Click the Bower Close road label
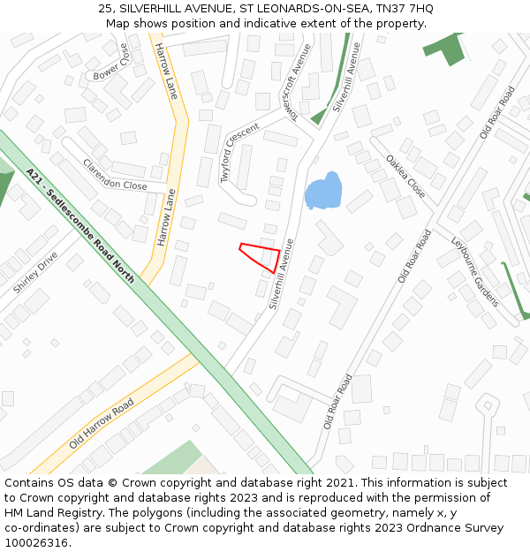tap(111, 64)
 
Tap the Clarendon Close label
tap(115, 174)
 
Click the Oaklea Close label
tap(405, 176)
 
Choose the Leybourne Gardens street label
tap(475, 272)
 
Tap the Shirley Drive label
tap(35, 272)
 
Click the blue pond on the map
tap(322, 192)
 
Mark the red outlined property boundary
tap(261, 256)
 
